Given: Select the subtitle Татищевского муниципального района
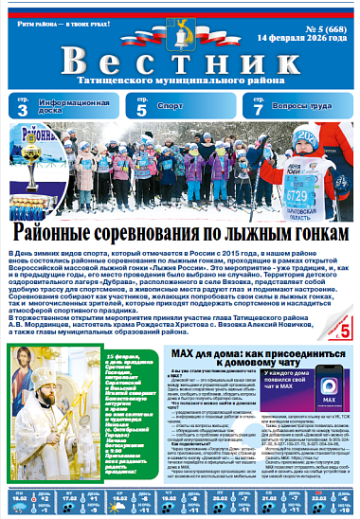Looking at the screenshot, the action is coord(179,82).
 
